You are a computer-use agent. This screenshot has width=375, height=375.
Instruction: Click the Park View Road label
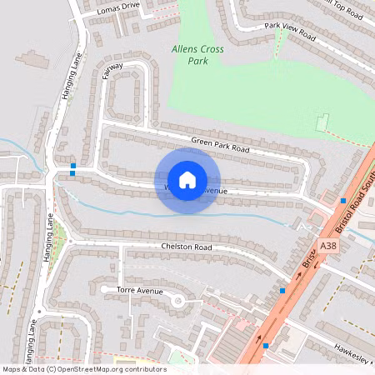click(x=290, y=32)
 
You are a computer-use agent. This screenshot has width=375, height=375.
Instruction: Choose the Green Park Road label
click(x=220, y=143)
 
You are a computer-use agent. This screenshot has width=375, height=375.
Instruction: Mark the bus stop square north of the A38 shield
click(x=343, y=201)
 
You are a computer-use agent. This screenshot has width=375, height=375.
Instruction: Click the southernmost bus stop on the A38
click(x=266, y=345)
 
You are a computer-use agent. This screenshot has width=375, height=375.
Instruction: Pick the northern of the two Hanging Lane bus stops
click(x=73, y=166)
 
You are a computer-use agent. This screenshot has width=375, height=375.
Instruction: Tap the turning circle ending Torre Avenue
click(x=177, y=300)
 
